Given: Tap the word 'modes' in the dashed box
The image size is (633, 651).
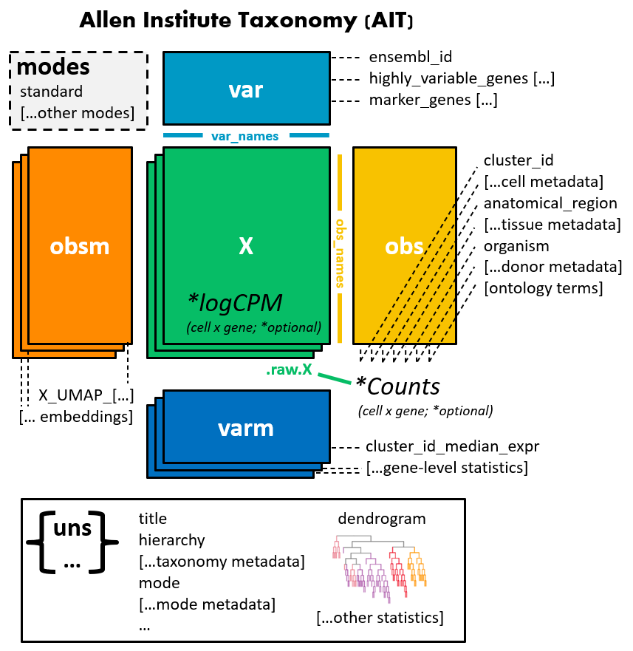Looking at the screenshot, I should tap(53, 68).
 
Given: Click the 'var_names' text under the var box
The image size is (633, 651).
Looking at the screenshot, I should tap(245, 136).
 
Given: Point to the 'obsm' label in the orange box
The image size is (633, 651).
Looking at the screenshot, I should tap(80, 246).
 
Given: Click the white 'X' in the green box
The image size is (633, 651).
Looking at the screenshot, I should tap(246, 247).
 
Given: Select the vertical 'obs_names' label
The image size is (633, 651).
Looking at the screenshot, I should tap(341, 252).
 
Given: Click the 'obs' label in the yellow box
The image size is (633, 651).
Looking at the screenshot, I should tap(404, 246).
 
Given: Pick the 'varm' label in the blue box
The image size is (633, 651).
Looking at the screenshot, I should tap(246, 428).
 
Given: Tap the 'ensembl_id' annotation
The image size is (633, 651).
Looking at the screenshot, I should tap(410, 56).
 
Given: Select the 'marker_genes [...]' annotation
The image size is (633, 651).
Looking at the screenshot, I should tap(432, 100).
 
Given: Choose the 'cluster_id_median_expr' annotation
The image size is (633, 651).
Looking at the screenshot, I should tap(452, 446).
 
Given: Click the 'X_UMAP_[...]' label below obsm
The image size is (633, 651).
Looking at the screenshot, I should tap(86, 396).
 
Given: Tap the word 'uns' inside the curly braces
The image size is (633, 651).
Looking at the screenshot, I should tap(72, 529).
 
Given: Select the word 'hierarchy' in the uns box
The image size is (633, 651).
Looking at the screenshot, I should tap(172, 540).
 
